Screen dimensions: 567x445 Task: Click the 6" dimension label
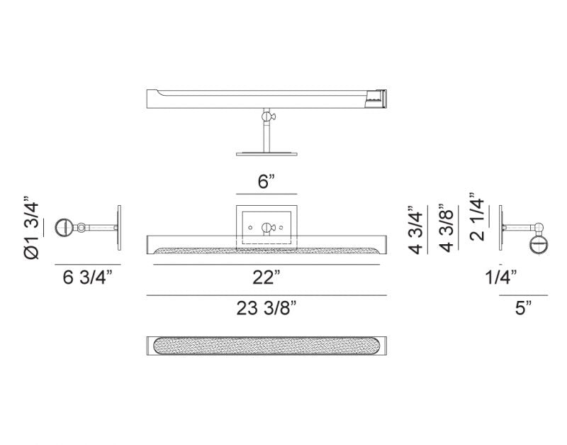coord(266,181)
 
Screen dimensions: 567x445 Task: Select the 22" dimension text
coord(266,278)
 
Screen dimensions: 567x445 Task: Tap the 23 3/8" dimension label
coord(266,309)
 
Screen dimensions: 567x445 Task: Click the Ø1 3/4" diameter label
coord(31,228)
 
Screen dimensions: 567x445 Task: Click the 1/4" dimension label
coord(500,278)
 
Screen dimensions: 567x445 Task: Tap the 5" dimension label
coord(523,309)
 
